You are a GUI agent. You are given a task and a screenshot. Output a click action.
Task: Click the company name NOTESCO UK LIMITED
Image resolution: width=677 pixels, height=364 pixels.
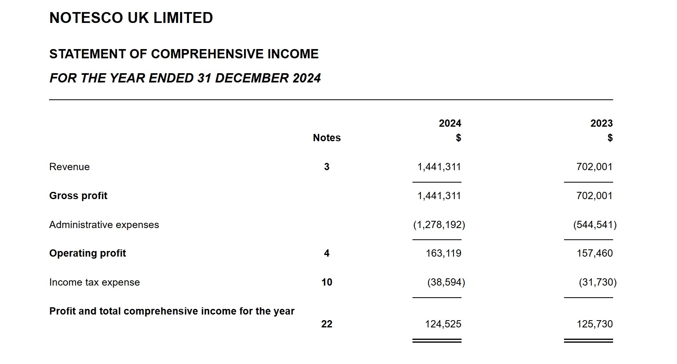(131, 18)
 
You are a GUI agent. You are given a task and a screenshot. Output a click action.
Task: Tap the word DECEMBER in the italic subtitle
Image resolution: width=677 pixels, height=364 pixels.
(252, 78)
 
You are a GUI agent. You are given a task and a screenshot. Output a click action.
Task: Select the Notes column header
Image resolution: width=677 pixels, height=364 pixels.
(326, 138)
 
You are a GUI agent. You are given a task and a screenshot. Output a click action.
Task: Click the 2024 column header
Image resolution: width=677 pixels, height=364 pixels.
(450, 123)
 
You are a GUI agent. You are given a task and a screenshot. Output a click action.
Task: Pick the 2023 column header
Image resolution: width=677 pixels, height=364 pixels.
(601, 123)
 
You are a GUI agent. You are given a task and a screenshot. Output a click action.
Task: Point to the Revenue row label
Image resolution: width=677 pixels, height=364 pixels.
(70, 167)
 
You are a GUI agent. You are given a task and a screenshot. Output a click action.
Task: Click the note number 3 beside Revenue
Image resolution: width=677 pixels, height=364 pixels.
(326, 167)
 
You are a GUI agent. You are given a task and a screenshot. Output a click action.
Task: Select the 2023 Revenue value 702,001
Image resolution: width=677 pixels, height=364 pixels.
(594, 167)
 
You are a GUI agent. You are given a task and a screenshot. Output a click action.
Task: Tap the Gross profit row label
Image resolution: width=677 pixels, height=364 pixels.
(78, 196)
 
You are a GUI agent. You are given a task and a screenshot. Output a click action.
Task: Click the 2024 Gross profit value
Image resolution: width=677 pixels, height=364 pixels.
(439, 196)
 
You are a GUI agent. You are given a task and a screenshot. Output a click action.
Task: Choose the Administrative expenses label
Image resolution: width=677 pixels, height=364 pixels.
(104, 225)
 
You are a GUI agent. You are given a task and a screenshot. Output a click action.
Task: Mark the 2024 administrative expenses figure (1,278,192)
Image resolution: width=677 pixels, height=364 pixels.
(439, 225)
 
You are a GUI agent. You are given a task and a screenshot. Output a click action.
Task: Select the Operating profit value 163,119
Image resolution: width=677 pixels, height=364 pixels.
(443, 253)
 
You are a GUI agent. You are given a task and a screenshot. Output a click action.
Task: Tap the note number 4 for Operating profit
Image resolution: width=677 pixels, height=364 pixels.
(326, 253)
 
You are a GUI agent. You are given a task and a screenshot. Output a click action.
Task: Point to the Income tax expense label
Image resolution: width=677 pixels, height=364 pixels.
(94, 282)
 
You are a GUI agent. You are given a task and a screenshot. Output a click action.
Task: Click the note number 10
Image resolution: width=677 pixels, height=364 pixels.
(327, 282)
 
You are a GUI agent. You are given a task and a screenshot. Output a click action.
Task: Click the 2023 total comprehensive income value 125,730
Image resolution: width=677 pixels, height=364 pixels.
(595, 324)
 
